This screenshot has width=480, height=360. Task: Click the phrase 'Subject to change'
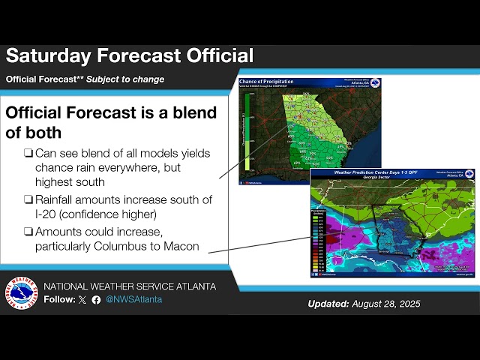point(124,79)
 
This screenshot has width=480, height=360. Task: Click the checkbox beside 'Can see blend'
point(28,153)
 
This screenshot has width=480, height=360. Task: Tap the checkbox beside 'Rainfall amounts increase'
point(28,199)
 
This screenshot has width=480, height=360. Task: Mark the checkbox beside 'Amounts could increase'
point(28,231)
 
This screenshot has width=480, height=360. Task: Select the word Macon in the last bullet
point(181,245)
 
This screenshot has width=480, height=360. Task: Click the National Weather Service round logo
point(21,293)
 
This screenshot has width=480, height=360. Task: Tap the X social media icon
point(82,299)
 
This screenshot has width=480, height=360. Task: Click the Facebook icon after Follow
point(96,299)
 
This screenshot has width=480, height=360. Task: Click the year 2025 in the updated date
point(406,304)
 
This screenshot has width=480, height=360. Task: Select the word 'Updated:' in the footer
point(328,304)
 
